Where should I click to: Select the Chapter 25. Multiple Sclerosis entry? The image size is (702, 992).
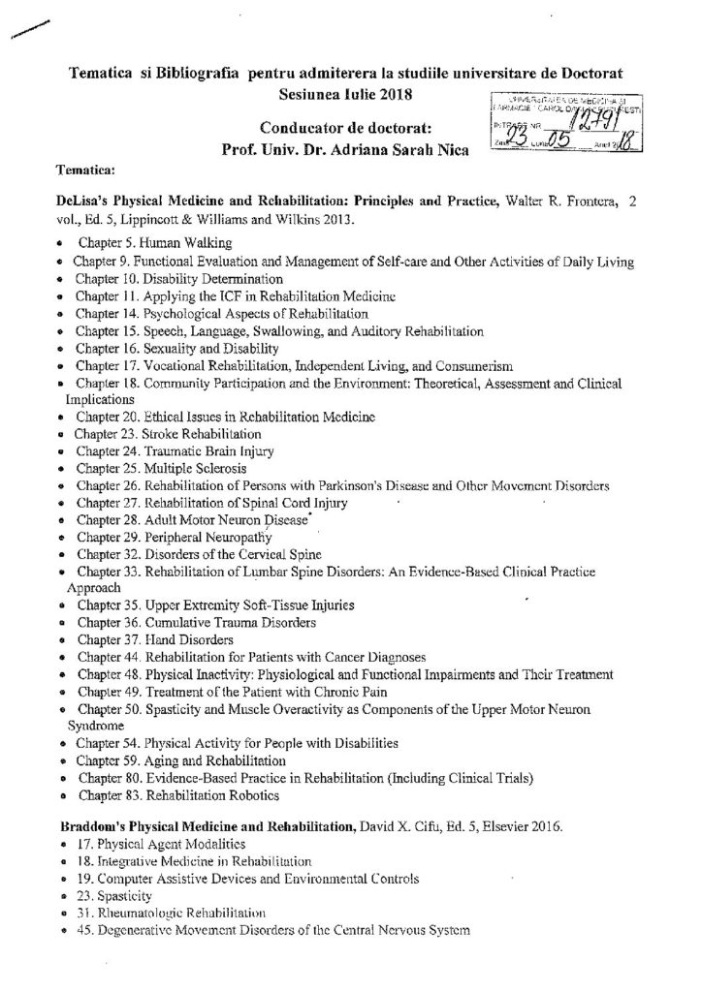pyautogui.click(x=146, y=468)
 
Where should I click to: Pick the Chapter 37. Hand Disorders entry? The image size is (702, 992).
pyautogui.click(x=140, y=639)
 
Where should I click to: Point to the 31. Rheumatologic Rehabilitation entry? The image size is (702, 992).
pyautogui.click(x=155, y=914)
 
